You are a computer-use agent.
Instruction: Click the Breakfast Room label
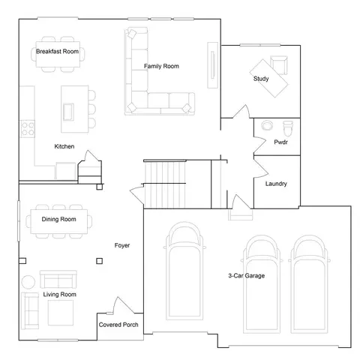click(57, 51)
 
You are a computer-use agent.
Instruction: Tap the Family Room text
click(161, 66)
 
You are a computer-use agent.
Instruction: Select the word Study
click(261, 79)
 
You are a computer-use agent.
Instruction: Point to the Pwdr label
click(280, 142)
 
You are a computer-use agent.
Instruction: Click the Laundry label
click(276, 184)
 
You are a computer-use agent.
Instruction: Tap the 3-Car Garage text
click(247, 275)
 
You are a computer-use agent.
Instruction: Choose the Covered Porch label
click(118, 325)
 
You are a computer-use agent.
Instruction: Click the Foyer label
click(122, 245)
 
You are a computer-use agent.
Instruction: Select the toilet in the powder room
click(288, 128)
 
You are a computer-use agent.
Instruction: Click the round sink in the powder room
click(267, 125)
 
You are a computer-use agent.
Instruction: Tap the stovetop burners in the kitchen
click(28, 128)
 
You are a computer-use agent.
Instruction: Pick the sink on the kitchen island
click(68, 112)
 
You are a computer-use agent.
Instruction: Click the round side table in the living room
click(28, 282)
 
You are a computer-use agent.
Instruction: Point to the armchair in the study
click(279, 64)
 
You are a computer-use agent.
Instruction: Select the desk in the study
click(268, 78)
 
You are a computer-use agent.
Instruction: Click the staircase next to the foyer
click(165, 184)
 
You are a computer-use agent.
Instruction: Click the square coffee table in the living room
click(61, 313)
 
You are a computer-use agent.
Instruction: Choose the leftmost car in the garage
click(184, 271)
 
